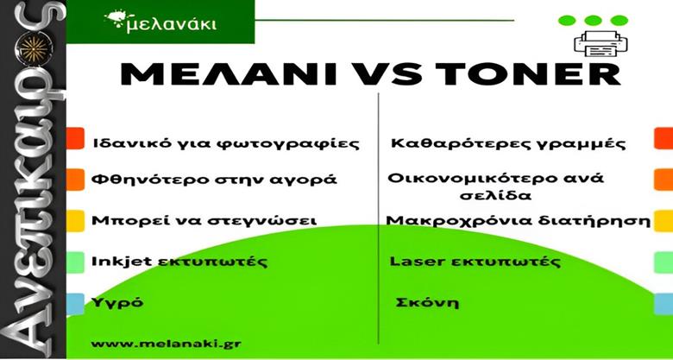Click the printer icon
point(601,44)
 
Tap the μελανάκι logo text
point(170,23)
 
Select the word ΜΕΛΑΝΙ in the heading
point(228,74)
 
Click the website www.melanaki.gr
point(167,344)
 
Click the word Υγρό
point(117,303)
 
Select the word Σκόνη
point(427,302)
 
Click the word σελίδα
point(496,195)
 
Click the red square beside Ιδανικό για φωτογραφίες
point(75,138)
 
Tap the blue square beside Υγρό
point(75,304)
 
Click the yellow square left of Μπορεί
point(75,221)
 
